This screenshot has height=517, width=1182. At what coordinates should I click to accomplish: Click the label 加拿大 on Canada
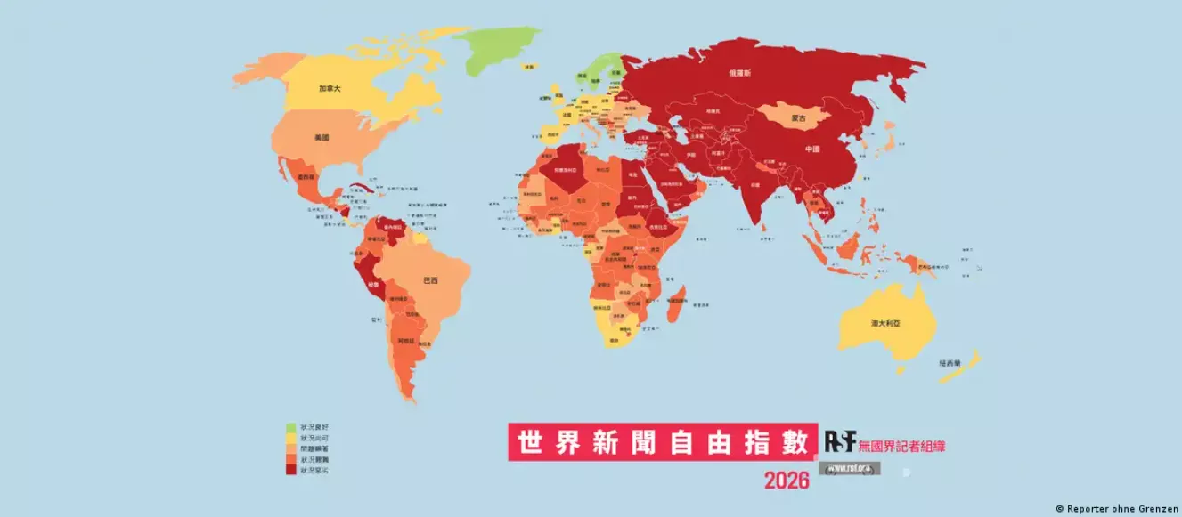[x=331, y=88]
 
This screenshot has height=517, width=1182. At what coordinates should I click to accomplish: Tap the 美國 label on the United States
[x=322, y=139]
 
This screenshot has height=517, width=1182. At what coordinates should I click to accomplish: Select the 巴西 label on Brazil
[x=430, y=281]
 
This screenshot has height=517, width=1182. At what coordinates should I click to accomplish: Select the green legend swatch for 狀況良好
[x=290, y=429]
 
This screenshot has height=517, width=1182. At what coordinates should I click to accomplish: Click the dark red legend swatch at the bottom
[x=290, y=469]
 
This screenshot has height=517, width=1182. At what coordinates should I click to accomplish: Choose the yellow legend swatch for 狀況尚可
[x=290, y=439]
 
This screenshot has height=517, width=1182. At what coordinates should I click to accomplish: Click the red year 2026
[x=787, y=481]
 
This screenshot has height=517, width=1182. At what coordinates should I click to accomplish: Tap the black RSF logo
[x=839, y=440]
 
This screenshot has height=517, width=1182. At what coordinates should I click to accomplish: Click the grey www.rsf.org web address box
[x=849, y=467]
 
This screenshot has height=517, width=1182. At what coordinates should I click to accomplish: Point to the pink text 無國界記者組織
[x=902, y=442]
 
